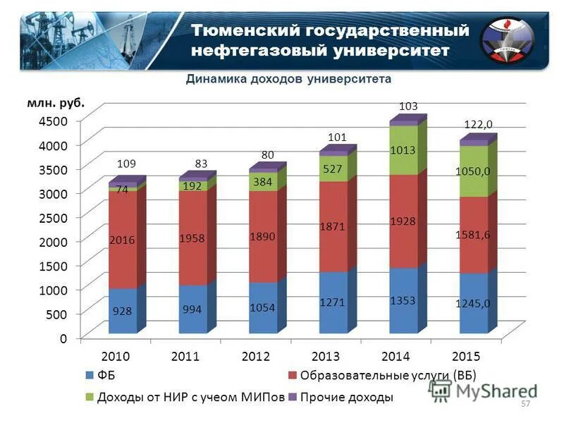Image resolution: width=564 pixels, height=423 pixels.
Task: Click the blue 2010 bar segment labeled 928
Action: [123, 310]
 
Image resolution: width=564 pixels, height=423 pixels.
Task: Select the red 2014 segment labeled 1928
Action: [403, 221]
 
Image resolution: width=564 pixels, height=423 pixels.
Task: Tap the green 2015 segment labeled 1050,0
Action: [473, 171]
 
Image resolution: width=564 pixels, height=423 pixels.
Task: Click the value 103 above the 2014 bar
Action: [408, 106]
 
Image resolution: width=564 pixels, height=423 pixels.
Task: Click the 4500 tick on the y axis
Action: [54, 121]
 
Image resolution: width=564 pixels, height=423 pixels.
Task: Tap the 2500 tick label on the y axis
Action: [54, 217]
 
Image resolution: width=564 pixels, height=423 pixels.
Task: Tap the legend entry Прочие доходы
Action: [346, 397]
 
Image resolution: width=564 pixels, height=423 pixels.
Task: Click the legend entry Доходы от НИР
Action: [190, 397]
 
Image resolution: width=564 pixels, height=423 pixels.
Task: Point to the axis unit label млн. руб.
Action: [56, 102]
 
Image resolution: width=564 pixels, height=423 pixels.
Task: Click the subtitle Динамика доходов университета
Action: [288, 79]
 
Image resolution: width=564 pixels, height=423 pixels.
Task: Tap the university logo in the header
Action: [507, 42]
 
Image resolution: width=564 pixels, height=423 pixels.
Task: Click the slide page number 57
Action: [525, 404]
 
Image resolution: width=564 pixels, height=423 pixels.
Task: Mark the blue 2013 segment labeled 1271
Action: [333, 302]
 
